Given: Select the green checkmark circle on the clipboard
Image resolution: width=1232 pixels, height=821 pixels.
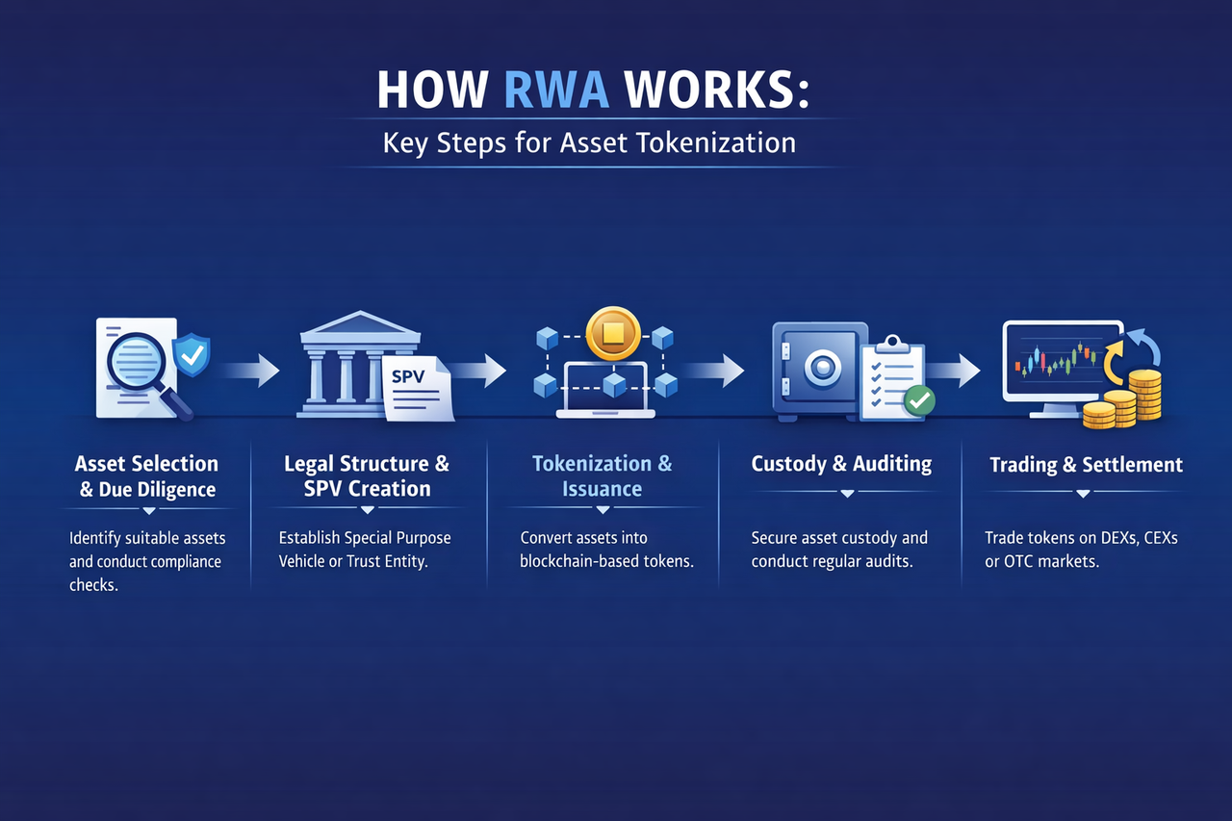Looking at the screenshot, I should pyautogui.click(x=919, y=399).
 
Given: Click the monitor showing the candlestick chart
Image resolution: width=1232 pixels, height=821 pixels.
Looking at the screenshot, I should pyautogui.click(x=1060, y=363).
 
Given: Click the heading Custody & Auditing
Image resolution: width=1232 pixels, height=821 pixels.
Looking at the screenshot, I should pyautogui.click(x=841, y=464).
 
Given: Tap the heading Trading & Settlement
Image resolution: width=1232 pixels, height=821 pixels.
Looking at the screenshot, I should pyautogui.click(x=1086, y=465).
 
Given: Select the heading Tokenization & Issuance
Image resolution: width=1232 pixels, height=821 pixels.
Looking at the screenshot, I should pyautogui.click(x=603, y=475).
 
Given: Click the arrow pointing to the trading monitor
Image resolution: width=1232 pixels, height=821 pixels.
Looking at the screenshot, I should pyautogui.click(x=955, y=370).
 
